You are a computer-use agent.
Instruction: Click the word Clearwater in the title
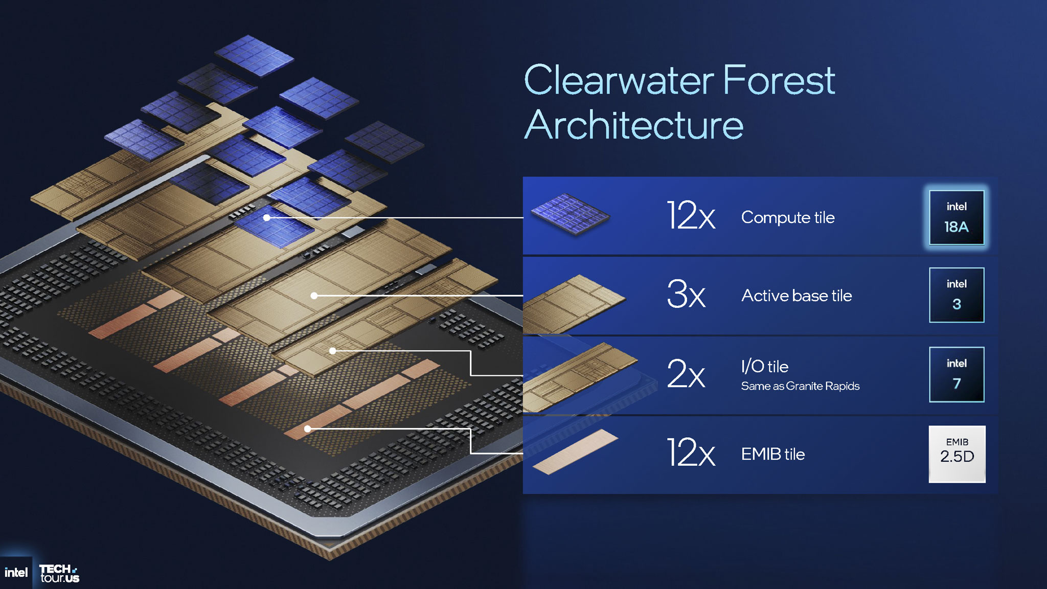pyautogui.click(x=619, y=80)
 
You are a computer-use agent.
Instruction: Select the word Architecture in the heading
pyautogui.click(x=634, y=125)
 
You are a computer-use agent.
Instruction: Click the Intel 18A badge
pyautogui.click(x=956, y=217)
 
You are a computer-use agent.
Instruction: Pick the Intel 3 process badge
pyautogui.click(x=956, y=295)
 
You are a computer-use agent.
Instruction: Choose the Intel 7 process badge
pyautogui.click(x=956, y=374)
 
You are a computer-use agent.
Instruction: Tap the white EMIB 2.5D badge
pyautogui.click(x=957, y=454)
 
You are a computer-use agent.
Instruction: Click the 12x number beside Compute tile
pyautogui.click(x=691, y=216)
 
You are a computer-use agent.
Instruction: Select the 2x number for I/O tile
pyautogui.click(x=686, y=374)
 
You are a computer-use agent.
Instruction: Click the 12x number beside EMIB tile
pyautogui.click(x=691, y=452)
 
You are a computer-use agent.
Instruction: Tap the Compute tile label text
pyautogui.click(x=787, y=218)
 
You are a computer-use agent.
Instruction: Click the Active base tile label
pyautogui.click(x=796, y=296)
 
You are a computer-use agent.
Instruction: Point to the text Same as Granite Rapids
pyautogui.click(x=800, y=386)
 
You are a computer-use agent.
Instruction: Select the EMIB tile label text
pyautogui.click(x=772, y=454)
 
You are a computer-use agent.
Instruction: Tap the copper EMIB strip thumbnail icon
pyautogui.click(x=575, y=451)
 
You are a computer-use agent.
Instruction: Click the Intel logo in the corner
pyautogui.click(x=16, y=573)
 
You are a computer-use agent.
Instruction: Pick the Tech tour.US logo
pyautogui.click(x=59, y=573)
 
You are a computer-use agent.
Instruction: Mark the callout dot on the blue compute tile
pyautogui.click(x=266, y=218)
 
